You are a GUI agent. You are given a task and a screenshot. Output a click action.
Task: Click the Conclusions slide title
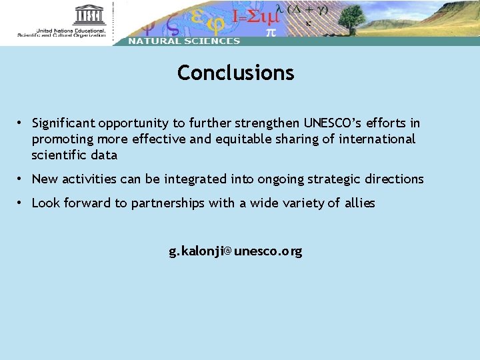click(235, 73)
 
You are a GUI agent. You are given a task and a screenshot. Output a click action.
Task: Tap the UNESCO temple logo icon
click(89, 15)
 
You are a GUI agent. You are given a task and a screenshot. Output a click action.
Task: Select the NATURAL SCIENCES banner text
click(183, 41)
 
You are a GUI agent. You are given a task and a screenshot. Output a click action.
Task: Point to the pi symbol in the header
click(271, 31)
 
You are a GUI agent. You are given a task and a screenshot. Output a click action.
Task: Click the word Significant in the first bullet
click(63, 123)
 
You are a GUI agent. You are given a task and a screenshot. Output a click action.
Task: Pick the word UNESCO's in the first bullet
click(333, 123)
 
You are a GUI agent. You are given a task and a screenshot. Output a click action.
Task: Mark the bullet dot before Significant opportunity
click(21, 123)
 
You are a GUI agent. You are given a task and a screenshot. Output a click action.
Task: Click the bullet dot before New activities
click(21, 179)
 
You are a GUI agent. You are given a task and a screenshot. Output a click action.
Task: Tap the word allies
click(359, 203)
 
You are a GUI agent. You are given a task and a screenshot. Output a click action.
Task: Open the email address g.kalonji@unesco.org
click(235, 251)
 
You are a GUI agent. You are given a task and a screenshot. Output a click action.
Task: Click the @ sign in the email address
click(227, 252)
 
